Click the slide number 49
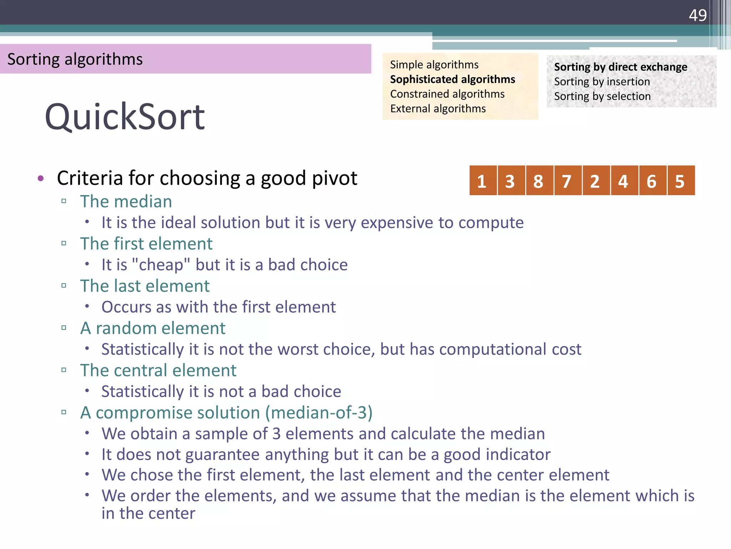697,15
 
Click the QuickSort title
125,117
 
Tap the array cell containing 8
539,181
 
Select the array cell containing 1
482,181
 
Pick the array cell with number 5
680,181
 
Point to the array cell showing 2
595,181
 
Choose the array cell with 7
567,181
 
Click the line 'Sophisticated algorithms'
452,79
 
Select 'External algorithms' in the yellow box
438,109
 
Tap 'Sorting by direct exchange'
620,67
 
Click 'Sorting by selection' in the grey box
602,97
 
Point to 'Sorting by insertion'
602,82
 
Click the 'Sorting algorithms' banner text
75,59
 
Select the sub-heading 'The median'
126,202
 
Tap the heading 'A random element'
153,328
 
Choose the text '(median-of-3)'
319,412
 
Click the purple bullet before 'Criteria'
41,178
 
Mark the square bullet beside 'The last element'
64,286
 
